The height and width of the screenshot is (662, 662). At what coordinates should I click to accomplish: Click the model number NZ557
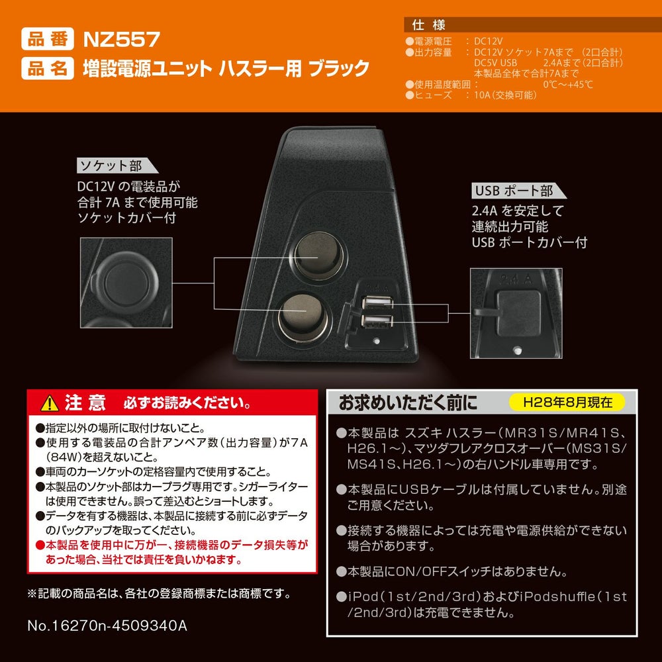coord(122,40)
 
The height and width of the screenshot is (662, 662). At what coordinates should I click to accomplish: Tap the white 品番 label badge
coord(48,39)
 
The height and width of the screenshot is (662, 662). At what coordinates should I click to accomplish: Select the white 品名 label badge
coord(48,68)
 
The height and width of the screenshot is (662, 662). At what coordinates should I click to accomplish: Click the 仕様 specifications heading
coord(428,25)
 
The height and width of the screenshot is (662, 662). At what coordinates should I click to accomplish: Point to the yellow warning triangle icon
coord(50,403)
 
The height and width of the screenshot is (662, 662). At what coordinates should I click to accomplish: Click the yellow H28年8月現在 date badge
coord(567,402)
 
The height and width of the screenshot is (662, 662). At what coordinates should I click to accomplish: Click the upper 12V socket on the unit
coord(319,256)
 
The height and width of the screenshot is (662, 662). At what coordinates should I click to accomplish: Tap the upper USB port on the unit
coord(378,303)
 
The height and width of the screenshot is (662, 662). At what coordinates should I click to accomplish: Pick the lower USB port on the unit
coord(377,321)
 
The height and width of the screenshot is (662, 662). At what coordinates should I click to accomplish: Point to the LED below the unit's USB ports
coord(376,341)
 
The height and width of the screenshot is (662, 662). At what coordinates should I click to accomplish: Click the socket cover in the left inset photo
coord(125,279)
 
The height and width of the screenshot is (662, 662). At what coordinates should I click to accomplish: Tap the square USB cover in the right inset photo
coord(518,313)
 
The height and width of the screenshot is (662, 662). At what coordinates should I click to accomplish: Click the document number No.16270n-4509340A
coord(107,626)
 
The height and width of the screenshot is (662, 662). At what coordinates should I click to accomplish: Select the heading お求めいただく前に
coord(408,402)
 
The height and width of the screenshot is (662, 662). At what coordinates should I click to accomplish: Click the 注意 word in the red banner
coord(85,402)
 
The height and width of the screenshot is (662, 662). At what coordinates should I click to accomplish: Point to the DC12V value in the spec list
coord(488,41)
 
